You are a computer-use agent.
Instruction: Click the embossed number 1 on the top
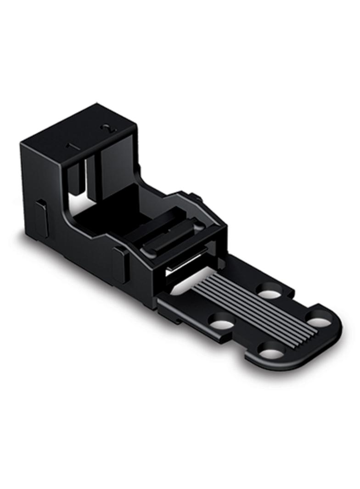click(71, 146)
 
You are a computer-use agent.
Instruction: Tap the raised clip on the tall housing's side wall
click(42, 218)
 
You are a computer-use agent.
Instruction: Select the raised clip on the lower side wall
click(121, 264)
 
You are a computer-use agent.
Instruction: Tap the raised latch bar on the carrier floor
click(170, 239)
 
